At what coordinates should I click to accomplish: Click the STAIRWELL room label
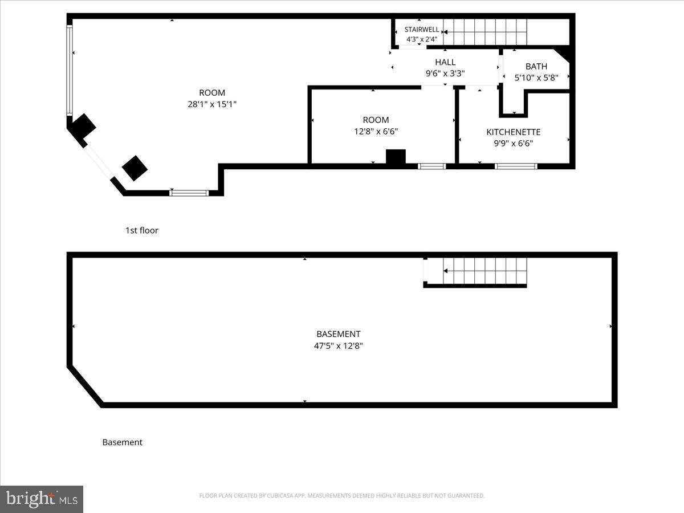coord(422,29)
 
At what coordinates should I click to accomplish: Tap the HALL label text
coord(445,62)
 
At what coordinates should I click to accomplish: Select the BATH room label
coord(536,67)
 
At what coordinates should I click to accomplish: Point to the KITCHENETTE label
coord(513,132)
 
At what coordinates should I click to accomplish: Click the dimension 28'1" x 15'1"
coord(212,104)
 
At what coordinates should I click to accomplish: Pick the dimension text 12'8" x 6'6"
coord(376,131)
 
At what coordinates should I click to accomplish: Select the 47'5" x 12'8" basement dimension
coord(339,345)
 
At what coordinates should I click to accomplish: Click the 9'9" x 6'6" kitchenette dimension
coord(513,144)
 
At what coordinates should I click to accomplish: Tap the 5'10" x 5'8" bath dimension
coord(536,78)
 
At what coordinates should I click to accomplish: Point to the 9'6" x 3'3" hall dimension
coord(445,73)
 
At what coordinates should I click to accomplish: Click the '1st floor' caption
coord(142,230)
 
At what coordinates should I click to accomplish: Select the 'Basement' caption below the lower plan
coord(122,442)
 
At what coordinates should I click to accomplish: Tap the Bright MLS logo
coord(42,499)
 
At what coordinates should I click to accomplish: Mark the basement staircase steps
coord(484,272)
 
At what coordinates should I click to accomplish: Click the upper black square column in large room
coord(83,126)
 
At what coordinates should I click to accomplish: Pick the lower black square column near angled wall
coord(135,168)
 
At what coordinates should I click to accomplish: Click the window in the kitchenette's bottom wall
coord(516,166)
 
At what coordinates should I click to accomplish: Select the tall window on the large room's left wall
coord(70,70)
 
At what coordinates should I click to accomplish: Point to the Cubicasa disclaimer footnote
coord(342,496)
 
